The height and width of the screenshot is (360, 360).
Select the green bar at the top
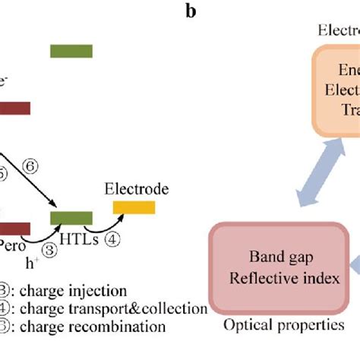(71, 51)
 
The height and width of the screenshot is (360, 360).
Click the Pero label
(13, 248)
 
